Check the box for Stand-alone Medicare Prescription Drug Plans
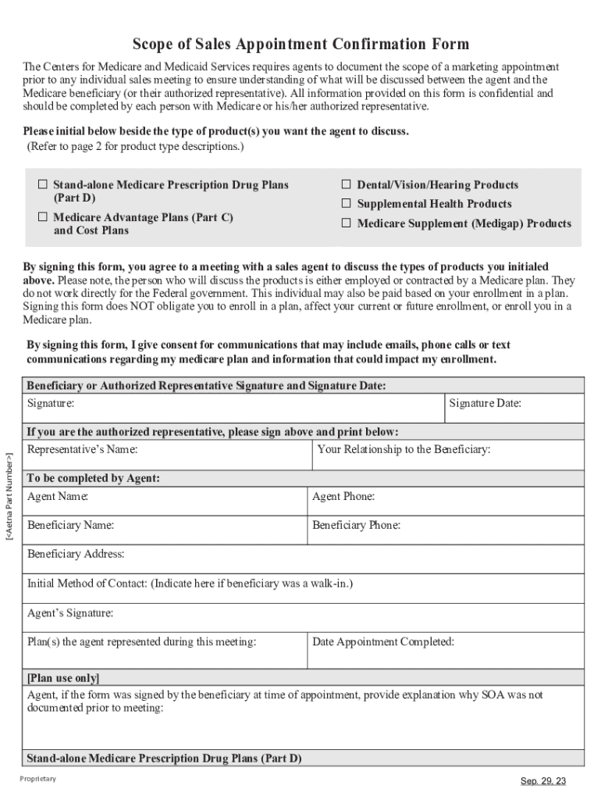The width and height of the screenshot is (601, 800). (44, 185)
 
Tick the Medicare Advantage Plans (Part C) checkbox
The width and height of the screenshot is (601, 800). (44, 218)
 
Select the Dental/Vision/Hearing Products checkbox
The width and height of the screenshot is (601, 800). (347, 185)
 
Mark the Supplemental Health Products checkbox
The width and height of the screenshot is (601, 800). (347, 204)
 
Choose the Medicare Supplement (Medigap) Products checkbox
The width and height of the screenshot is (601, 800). (347, 223)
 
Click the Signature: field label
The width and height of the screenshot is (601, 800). (51, 404)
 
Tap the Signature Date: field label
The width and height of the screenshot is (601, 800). (485, 404)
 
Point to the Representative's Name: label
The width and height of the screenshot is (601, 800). (82, 450)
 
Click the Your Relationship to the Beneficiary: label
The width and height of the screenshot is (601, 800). (404, 450)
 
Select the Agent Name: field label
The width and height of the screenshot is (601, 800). (58, 497)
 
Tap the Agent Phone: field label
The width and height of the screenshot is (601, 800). (343, 497)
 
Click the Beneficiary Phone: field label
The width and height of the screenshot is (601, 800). (356, 526)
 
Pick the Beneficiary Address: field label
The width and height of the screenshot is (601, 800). (76, 555)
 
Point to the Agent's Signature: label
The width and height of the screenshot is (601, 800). (70, 613)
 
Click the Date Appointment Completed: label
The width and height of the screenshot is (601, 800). (383, 642)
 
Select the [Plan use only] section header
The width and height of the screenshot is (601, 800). (63, 677)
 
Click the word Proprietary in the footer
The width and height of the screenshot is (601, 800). (37, 780)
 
